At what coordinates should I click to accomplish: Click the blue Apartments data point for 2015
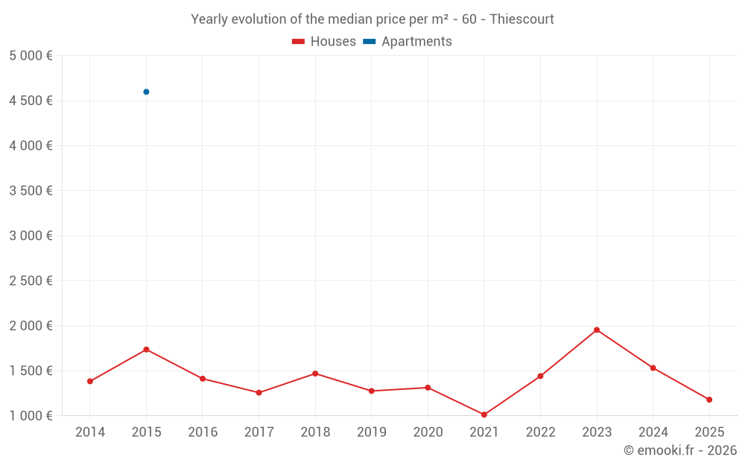146,92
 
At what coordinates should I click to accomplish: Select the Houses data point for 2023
597,330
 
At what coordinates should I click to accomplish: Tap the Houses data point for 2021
484,415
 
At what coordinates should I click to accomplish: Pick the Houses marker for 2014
90,381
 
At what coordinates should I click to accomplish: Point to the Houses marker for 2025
709,400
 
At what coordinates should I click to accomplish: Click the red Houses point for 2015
146,350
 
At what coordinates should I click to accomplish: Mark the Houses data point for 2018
315,374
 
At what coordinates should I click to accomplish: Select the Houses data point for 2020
428,388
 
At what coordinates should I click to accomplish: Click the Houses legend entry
324,42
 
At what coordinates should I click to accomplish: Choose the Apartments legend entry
408,42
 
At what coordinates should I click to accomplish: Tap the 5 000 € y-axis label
31,56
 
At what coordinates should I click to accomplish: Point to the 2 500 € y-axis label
31,281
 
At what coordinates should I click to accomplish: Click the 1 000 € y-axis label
31,416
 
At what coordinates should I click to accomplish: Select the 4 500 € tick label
31,101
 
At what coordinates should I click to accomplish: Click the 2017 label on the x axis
259,432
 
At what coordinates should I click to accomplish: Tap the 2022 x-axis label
540,432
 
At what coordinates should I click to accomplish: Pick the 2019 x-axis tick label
371,432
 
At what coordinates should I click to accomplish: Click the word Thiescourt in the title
521,19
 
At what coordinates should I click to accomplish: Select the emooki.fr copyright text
680,450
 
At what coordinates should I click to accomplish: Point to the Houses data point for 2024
653,368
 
